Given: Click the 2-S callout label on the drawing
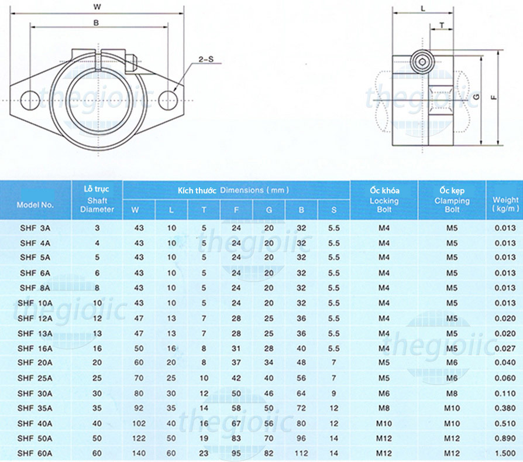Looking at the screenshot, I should [x=206, y=59].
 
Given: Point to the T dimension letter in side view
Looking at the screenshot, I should [x=442, y=25].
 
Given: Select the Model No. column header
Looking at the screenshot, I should [x=35, y=205].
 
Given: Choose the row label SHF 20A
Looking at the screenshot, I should [x=36, y=363].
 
